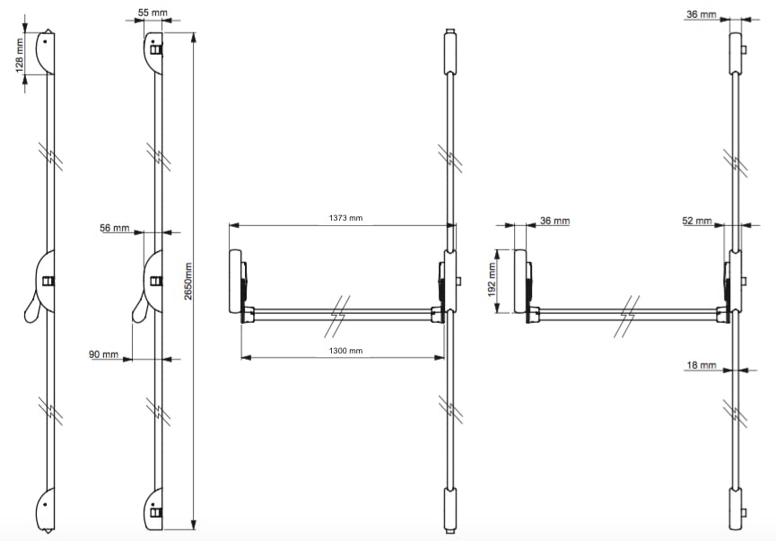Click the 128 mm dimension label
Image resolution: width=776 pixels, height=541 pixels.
tap(20, 56)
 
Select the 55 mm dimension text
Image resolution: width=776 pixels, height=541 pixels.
tap(153, 13)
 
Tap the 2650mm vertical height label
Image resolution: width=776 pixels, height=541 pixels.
tap(188, 281)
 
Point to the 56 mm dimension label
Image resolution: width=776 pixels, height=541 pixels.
tap(114, 228)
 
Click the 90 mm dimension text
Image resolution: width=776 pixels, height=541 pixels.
tap(103, 354)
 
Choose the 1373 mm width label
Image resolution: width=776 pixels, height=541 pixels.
tap(345, 218)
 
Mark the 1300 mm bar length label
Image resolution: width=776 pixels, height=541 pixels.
tap(345, 351)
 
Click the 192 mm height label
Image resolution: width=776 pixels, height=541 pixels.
tap(492, 280)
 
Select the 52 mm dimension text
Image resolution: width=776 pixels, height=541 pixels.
tap(697, 221)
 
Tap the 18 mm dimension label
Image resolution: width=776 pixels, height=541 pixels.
tap(702, 365)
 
